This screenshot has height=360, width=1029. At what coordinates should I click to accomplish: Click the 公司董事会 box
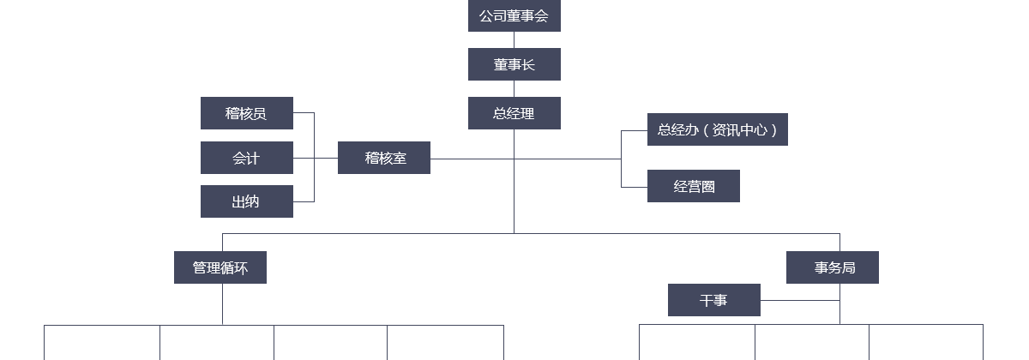[514, 15]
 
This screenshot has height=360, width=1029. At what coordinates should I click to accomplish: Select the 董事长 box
[514, 64]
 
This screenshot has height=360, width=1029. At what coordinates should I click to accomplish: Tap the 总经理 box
[514, 113]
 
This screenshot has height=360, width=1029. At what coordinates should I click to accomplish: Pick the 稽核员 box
[246, 113]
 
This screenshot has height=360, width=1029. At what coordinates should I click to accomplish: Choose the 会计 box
[246, 158]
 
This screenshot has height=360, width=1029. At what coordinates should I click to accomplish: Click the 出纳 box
[246, 201]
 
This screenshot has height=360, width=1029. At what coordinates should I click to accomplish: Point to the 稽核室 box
[383, 158]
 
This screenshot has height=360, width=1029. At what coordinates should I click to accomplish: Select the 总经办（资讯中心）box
[717, 129]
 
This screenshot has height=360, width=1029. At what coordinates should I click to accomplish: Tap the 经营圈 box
[693, 186]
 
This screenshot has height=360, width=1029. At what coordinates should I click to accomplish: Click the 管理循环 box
[220, 267]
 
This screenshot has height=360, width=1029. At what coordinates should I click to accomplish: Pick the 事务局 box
[832, 267]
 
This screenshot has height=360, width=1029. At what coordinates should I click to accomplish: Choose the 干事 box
[713, 300]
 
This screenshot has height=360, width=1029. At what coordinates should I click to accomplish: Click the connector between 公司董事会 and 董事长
[514, 39]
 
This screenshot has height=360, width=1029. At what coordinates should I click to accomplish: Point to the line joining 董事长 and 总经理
[514, 88]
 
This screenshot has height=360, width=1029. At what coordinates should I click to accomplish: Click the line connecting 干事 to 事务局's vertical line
[799, 300]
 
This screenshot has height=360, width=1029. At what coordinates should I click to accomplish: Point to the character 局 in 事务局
[848, 267]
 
